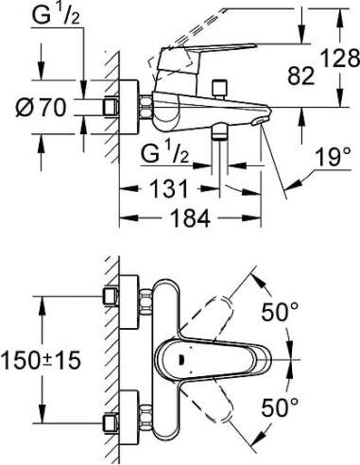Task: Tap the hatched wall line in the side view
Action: tap(110, 104)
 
